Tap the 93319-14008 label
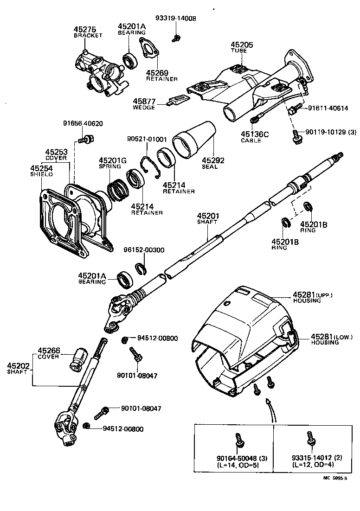click(176, 19)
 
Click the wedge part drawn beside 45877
click(178, 100)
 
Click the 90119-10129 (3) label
click(331, 132)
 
